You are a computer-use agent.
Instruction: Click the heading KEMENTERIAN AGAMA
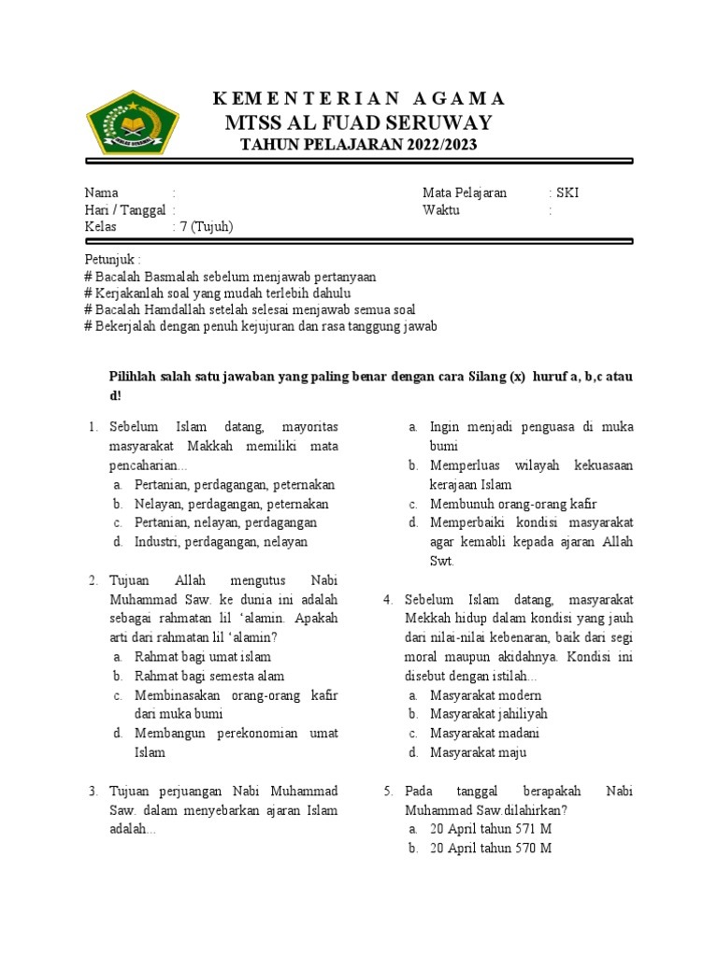359,99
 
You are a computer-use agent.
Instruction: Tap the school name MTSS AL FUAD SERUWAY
359,123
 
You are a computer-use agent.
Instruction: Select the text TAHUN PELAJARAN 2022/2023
359,145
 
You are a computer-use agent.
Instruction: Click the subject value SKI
567,193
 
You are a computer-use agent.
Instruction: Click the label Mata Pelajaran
465,193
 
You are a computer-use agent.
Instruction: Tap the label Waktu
440,209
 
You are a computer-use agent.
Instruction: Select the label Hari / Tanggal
124,209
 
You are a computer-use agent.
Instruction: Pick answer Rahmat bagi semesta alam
209,676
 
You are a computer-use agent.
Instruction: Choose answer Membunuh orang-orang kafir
513,504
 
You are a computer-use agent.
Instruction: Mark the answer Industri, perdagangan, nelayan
221,541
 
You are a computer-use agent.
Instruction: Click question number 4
387,599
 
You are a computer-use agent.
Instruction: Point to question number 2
93,580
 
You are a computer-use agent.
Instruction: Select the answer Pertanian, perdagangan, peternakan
235,485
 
